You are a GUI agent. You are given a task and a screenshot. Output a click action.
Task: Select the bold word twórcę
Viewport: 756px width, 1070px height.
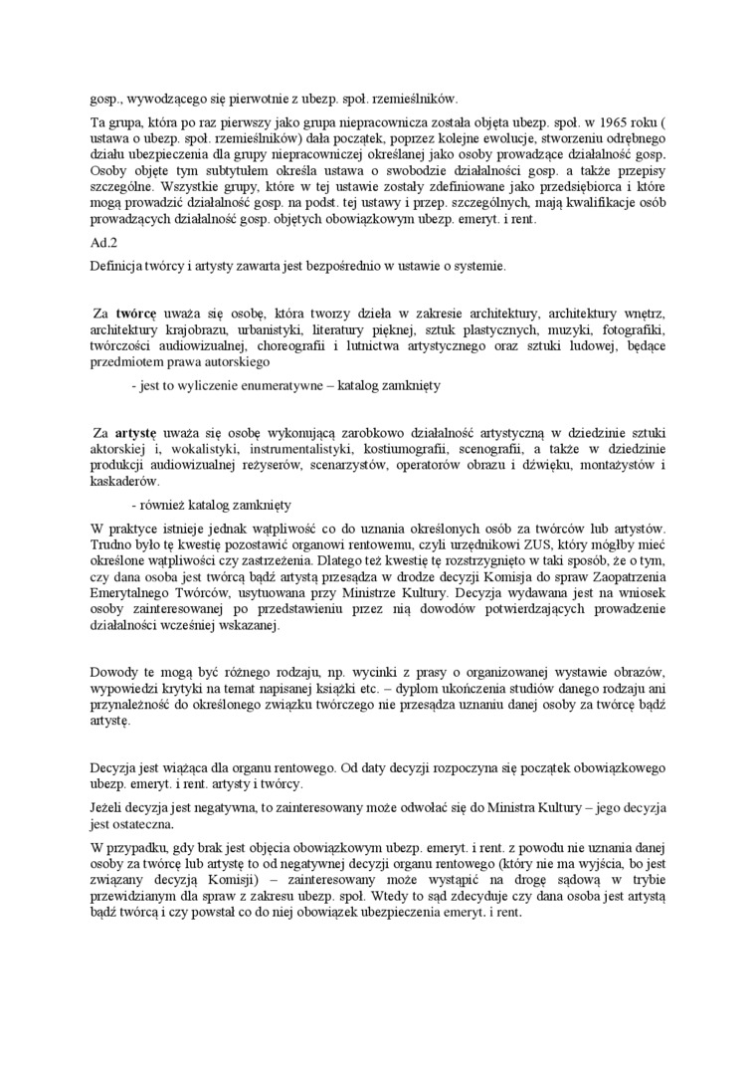click(135, 314)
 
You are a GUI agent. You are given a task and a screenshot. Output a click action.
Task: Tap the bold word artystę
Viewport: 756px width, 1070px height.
click(135, 433)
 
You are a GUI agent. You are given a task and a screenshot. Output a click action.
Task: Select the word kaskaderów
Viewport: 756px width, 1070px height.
click(123, 481)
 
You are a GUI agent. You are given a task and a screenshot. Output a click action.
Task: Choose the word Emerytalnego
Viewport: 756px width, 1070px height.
click(134, 594)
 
